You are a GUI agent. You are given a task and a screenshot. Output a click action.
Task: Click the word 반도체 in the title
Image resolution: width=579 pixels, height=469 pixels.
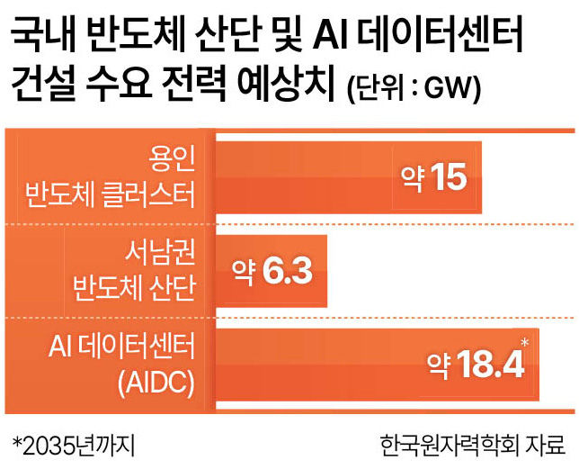(x=136, y=36)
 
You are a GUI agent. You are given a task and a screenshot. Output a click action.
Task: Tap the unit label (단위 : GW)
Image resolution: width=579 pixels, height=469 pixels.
(x=414, y=89)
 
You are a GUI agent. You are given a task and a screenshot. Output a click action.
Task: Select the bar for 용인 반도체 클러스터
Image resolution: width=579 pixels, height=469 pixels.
(x=349, y=177)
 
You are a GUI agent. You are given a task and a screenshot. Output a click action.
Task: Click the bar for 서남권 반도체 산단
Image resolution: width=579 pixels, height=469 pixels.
(x=272, y=271)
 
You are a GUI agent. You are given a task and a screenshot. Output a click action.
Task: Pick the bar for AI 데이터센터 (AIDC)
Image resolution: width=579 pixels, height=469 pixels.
(x=378, y=365)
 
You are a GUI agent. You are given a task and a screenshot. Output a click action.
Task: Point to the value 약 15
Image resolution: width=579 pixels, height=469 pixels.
(x=434, y=177)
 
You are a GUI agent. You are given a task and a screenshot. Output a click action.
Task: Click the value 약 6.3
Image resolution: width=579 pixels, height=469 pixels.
(x=272, y=271)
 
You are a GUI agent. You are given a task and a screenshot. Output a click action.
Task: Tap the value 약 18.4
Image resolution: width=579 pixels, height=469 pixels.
(x=476, y=365)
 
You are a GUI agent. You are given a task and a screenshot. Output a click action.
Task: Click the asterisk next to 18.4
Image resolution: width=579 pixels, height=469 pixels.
(x=525, y=343)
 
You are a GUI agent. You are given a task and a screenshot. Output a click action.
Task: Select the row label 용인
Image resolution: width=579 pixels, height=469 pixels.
(x=172, y=159)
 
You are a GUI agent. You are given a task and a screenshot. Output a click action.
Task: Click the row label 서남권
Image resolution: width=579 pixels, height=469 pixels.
(x=160, y=252)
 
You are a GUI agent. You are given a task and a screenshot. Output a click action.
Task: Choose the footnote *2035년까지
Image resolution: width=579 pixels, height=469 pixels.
(x=74, y=446)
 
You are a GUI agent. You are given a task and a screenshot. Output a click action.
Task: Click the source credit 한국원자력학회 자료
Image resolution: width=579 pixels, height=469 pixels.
(x=473, y=446)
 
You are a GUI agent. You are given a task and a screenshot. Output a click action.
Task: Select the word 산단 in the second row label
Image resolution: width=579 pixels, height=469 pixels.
(x=172, y=288)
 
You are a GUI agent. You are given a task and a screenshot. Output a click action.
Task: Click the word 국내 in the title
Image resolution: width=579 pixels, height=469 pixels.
(x=43, y=36)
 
